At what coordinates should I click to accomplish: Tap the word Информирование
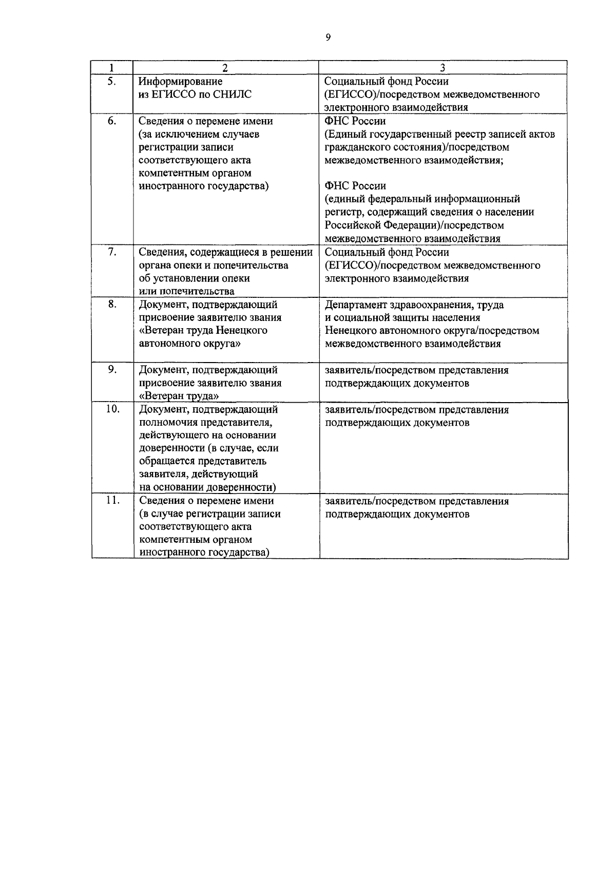coord(180,82)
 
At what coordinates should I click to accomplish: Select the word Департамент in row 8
coord(358,305)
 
